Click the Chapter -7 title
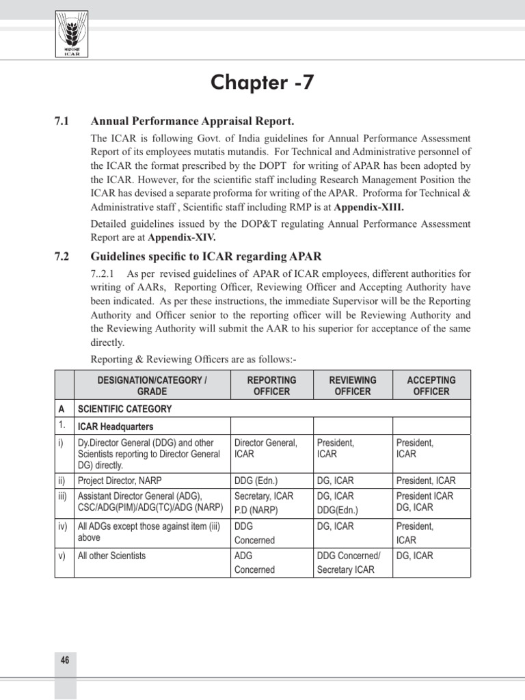click(262, 83)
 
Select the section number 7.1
click(63, 121)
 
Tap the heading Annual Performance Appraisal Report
click(193, 121)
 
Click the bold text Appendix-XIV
click(180, 237)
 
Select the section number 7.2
click(63, 257)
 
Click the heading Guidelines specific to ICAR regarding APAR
click(206, 257)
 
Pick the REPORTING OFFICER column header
click(271, 386)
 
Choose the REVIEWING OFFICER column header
click(353, 386)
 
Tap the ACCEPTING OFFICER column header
click(431, 386)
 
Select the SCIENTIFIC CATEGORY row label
click(125, 409)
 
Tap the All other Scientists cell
click(112, 556)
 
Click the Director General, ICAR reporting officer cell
click(267, 448)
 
